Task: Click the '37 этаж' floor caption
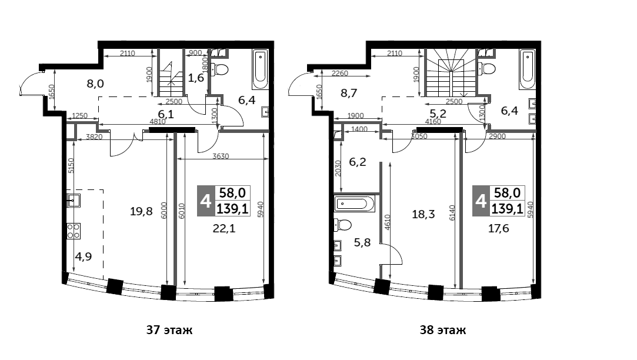tap(169, 331)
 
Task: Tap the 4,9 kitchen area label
tap(83, 256)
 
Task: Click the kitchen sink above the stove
tap(73, 201)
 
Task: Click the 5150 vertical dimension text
tap(70, 165)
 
